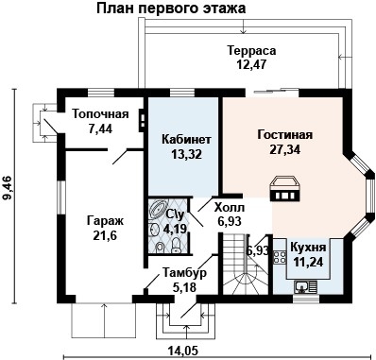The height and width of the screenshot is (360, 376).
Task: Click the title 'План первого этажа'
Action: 170,9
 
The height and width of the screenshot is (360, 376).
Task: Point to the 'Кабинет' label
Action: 179,139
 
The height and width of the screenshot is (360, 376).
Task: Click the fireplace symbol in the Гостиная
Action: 284,188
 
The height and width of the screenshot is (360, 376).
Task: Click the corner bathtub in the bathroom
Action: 158,210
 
